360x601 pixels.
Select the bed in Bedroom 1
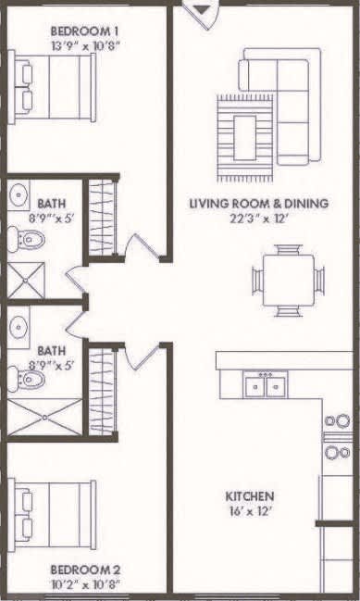(x=54, y=87)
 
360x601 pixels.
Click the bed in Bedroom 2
(x=54, y=514)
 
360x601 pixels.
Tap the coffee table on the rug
(x=245, y=137)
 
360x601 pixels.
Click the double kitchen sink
(x=266, y=384)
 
